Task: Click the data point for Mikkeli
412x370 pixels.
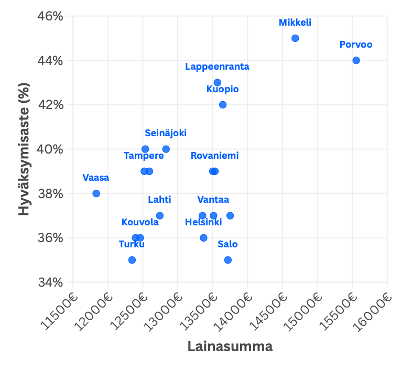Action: click(x=295, y=38)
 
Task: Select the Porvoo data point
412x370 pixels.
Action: click(x=356, y=60)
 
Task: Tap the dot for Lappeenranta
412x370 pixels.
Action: click(x=218, y=82)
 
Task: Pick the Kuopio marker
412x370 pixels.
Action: click(x=223, y=105)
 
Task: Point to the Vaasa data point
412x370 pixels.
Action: click(x=96, y=193)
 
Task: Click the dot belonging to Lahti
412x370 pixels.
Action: click(x=160, y=215)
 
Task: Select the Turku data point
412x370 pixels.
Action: click(x=132, y=260)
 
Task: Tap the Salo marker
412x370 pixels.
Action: click(x=228, y=260)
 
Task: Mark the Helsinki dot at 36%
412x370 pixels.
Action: click(x=203, y=238)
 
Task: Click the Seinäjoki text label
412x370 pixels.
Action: click(x=166, y=133)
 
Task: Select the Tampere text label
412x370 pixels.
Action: click(x=144, y=156)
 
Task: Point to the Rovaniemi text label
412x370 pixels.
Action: click(x=214, y=156)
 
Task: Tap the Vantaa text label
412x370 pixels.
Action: click(x=213, y=200)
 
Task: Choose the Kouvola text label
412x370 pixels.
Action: click(x=140, y=222)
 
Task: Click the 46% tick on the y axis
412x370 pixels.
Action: click(x=50, y=16)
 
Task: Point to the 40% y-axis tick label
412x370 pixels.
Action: click(x=50, y=149)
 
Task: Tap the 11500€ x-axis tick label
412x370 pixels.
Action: click(x=59, y=309)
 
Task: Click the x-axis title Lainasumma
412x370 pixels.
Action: click(x=230, y=347)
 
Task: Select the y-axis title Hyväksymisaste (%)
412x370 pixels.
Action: click(x=24, y=149)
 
